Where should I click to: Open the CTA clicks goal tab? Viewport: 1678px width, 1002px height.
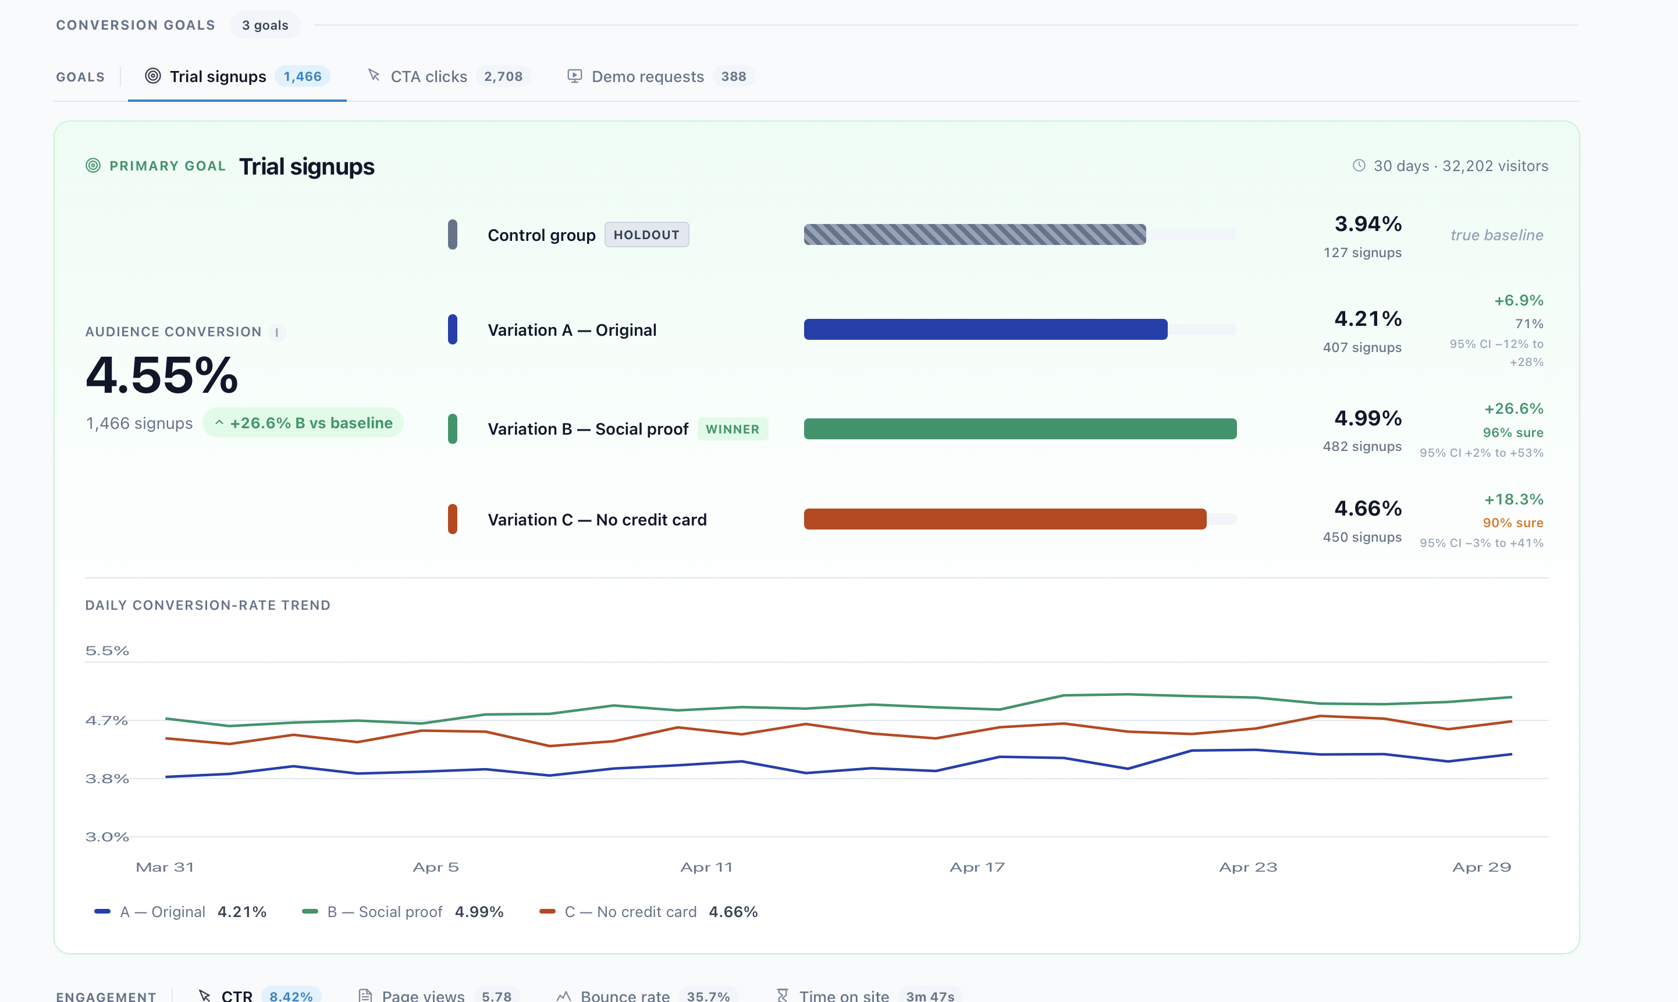[448, 76]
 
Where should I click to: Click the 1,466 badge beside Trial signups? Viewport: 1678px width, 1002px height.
[303, 76]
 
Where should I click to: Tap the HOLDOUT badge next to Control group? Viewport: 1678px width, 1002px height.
[646, 235]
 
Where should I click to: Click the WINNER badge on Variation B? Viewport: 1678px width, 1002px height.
[733, 429]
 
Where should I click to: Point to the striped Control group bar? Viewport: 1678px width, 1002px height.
[975, 234]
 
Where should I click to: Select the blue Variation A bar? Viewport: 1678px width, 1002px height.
[986, 329]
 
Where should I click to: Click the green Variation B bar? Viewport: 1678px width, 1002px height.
[1020, 429]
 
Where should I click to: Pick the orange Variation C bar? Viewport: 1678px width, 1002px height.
[1005, 519]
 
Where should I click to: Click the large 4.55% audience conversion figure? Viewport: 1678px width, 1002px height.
[162, 375]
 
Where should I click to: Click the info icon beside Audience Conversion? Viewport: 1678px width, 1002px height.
[277, 332]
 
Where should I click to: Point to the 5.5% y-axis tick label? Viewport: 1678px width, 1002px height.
[106, 651]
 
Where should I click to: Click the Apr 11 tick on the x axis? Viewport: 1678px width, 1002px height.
[706, 868]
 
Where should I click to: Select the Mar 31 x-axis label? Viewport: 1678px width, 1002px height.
[165, 868]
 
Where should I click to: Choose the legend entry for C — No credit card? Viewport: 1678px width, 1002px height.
[649, 912]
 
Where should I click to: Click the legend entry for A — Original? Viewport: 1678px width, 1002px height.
[180, 912]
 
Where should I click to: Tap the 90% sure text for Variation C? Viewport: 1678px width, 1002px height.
[1513, 523]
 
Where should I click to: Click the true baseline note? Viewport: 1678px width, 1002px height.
[1496, 235]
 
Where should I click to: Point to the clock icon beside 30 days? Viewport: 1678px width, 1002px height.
[1359, 165]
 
